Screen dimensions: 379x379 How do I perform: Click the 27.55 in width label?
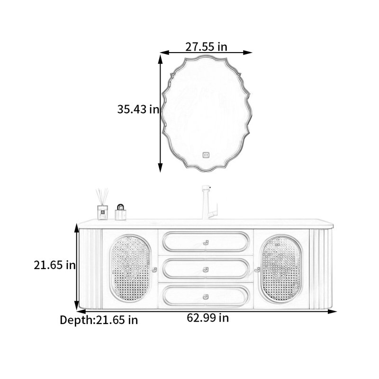pos(206,46)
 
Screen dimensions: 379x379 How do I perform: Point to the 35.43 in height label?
pos(138,109)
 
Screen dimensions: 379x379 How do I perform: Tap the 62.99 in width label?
pos(208,317)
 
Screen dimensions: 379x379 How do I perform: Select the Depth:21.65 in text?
pos(99,320)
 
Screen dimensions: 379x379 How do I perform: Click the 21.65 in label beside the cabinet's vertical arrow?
pos(54,265)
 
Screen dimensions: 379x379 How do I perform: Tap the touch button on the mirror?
pos(206,155)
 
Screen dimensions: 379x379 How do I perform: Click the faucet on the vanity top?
pos(209,202)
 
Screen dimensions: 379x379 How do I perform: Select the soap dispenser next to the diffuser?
pos(120,212)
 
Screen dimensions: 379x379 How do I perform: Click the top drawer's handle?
pos(206,243)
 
